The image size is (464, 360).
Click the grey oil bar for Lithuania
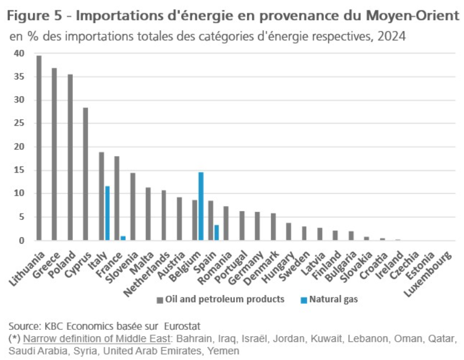[39, 148]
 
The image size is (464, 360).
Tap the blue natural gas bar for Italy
[108, 213]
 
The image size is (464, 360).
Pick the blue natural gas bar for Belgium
[201, 206]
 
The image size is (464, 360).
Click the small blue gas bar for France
[123, 238]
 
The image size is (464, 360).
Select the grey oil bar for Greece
[54, 154]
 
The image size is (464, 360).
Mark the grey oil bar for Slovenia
[132, 207]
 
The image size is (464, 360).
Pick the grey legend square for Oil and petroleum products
[159, 300]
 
